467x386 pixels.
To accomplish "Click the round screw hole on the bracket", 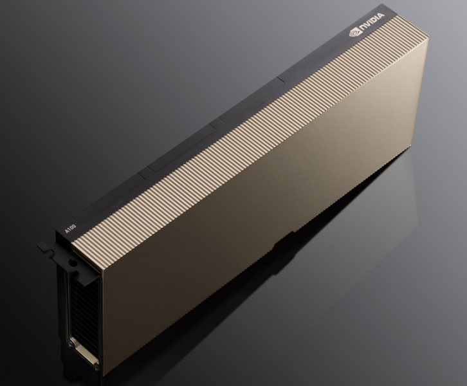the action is pyautogui.click(x=72, y=263).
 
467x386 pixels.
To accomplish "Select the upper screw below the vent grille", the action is pyautogui.click(x=71, y=344).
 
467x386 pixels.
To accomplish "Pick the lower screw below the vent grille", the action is pyautogui.click(x=96, y=362).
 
